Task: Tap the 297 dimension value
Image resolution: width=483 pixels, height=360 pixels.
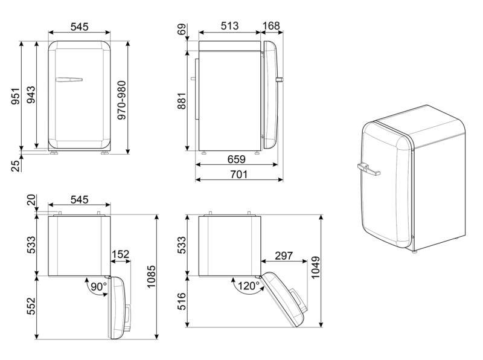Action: pos(284,256)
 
